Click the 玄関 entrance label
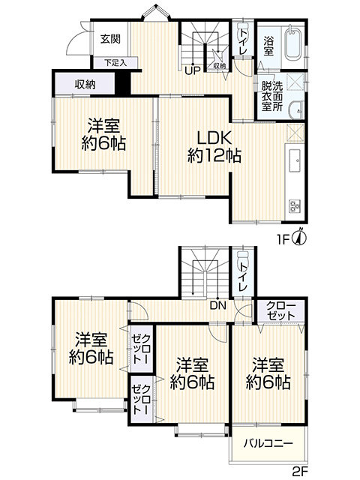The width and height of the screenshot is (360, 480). point(110,39)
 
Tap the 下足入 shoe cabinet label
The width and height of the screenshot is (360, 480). point(115,63)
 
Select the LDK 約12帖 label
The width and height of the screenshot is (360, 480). point(214,148)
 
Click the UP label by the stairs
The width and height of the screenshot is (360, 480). point(193,70)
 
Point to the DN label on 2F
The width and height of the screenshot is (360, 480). point(218,305)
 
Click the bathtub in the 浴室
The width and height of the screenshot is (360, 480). point(293,43)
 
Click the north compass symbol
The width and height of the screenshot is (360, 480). point(300,236)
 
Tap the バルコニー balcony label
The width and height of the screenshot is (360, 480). point(268,443)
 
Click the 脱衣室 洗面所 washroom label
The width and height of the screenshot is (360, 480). point(271,96)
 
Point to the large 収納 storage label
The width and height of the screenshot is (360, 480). point(85,84)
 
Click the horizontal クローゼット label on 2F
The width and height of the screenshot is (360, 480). point(280,310)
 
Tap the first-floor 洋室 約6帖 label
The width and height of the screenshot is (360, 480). point(103,134)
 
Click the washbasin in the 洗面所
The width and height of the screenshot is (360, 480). point(295,109)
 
